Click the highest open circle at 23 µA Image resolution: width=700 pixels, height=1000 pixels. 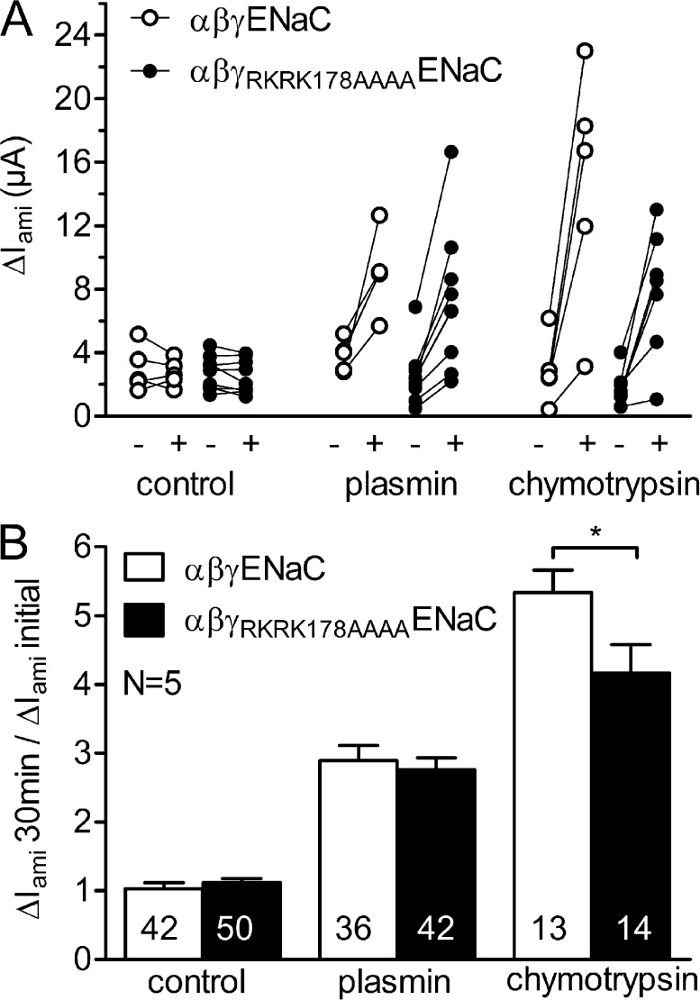(585, 50)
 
